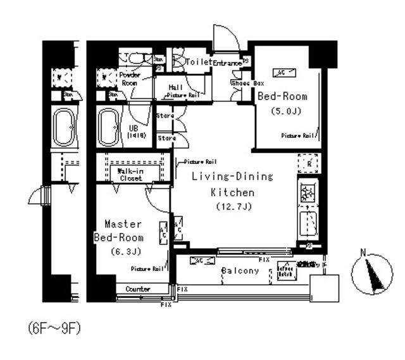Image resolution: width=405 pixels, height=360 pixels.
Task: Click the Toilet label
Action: [199, 62]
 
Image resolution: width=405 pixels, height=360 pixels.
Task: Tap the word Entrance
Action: [227, 63]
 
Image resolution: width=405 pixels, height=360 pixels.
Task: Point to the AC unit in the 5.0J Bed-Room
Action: [281, 73]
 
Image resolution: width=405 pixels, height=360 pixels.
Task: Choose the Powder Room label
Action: [129, 78]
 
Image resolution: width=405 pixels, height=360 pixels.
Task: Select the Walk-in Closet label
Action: [130, 174]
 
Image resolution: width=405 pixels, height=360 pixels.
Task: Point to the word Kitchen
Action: [232, 192]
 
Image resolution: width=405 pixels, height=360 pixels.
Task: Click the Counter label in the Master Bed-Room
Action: [138, 289]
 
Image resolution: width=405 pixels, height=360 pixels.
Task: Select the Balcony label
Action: [240, 271]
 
